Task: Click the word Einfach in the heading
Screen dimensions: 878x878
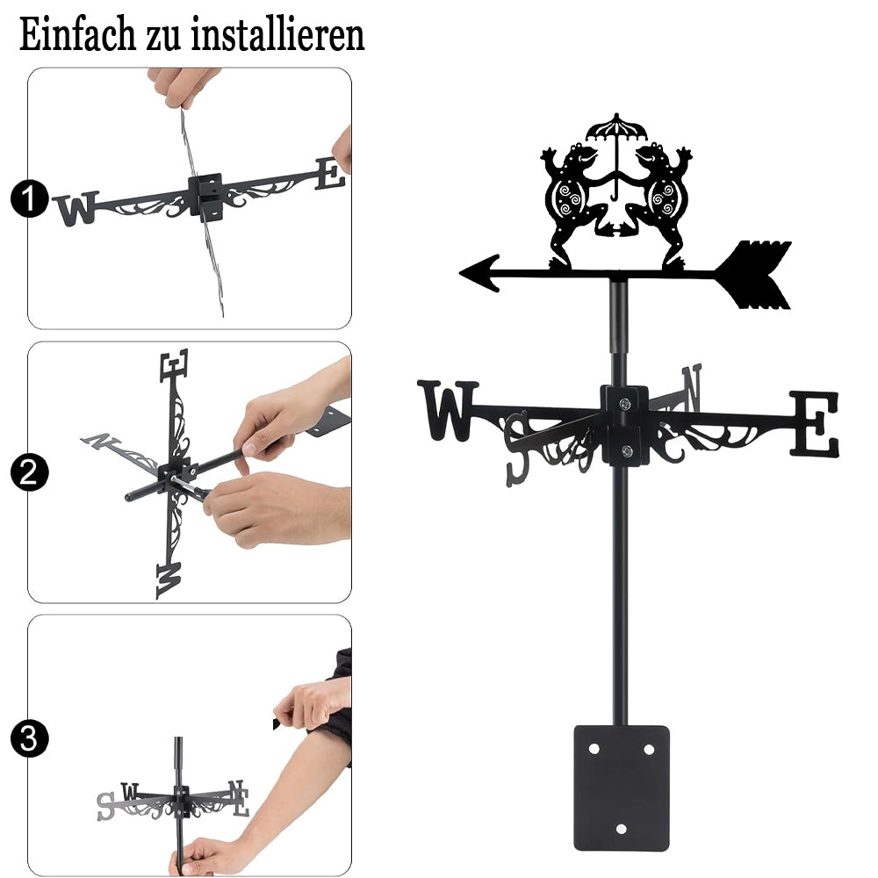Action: (x=77, y=35)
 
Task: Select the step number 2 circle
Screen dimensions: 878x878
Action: (x=29, y=472)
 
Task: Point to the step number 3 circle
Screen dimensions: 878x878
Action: (x=29, y=738)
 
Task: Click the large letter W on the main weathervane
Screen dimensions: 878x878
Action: (x=448, y=410)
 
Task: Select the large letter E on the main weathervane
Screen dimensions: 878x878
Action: (x=814, y=424)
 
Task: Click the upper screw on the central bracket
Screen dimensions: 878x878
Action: (x=624, y=403)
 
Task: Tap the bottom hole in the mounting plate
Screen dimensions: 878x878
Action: (x=621, y=829)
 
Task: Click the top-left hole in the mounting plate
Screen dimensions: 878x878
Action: (x=594, y=749)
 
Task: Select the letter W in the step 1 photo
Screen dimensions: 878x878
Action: (x=77, y=208)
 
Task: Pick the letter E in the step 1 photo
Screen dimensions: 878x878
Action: (x=330, y=174)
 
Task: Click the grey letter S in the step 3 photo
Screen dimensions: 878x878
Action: (x=105, y=806)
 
